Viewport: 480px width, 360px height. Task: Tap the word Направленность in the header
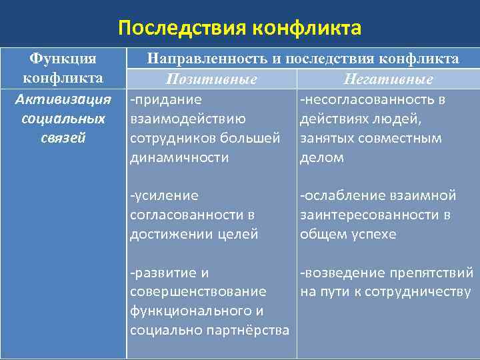207,59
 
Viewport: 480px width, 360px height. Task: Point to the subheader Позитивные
212,79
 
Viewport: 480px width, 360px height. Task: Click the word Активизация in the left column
63,99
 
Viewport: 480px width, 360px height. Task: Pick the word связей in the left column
63,138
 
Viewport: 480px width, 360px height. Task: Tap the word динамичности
179,157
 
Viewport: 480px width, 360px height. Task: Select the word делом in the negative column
322,157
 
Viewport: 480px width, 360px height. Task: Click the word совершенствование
197,292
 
